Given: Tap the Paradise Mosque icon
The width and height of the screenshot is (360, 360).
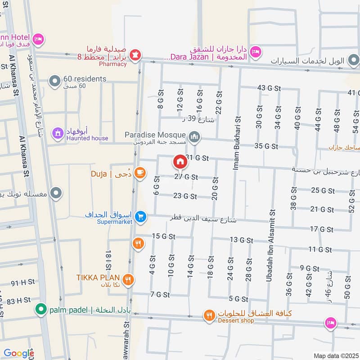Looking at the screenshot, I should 194,136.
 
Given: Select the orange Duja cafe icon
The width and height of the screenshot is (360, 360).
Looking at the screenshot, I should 139,172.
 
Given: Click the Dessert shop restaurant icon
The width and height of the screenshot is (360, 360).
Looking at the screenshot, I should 208,315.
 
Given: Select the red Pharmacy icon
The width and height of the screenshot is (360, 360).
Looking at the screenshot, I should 135,55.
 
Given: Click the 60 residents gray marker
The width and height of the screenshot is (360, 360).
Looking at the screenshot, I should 55,81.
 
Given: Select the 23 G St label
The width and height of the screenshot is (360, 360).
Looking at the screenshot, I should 185,196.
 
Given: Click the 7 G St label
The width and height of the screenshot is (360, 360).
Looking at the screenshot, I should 160,295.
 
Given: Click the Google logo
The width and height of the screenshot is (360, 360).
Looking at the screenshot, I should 19,353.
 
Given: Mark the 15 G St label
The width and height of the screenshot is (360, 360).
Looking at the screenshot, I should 163,236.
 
